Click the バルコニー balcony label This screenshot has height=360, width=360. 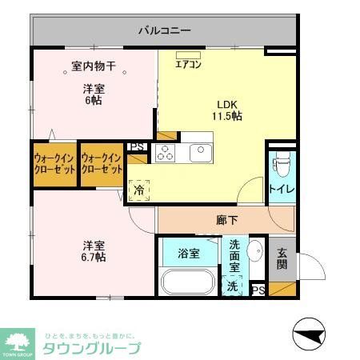click(x=164, y=31)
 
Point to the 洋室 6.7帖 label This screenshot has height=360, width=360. click(x=93, y=250)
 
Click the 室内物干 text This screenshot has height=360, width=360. click(x=94, y=70)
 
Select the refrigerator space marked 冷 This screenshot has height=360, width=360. click(x=139, y=190)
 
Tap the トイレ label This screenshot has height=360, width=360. click(x=280, y=190)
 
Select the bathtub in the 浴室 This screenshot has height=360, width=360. click(x=188, y=282)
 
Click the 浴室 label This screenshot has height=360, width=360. click(x=188, y=254)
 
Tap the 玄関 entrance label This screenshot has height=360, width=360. click(x=282, y=258)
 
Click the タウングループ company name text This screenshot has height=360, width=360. click(x=91, y=348)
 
